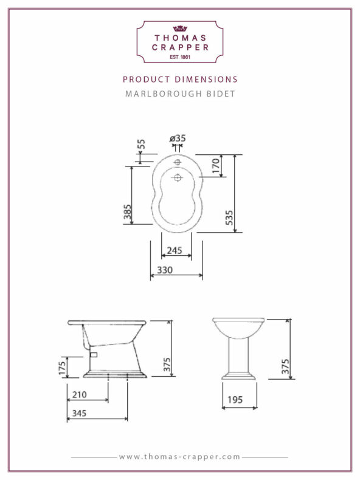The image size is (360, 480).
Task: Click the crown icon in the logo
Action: coord(180,29)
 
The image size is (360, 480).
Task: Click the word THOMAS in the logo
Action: coord(181,38)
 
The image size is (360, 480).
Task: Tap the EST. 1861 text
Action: coord(180,57)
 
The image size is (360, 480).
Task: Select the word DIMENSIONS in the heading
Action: coord(206,79)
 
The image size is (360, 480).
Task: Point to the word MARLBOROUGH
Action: coord(164,94)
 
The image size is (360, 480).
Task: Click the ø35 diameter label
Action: coord(178,139)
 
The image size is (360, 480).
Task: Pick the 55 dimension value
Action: coord(141,144)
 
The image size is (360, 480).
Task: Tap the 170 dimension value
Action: coord(216,166)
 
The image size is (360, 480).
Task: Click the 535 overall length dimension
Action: coord(229,218)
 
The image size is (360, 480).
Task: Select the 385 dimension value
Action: coord(128,212)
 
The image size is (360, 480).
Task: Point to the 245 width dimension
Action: coord(175,250)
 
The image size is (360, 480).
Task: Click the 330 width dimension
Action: coord(165,270)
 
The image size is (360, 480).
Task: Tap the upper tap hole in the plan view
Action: coord(178,162)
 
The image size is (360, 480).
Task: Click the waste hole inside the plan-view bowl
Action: coord(177,177)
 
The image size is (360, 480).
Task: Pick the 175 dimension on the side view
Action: coord(62,368)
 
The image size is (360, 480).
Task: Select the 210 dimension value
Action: coord(79,394)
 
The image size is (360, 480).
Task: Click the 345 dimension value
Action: coord(79,413)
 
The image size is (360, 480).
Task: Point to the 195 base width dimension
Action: coord(235,400)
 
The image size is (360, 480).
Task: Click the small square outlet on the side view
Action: coord(94,355)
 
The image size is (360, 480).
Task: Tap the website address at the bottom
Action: coord(179,457)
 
